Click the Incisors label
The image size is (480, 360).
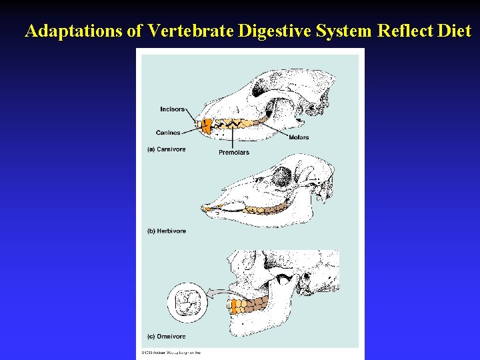click(172, 109)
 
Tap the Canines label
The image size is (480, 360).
click(168, 133)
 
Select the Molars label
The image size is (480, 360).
click(299, 137)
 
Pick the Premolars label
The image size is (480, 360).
click(234, 153)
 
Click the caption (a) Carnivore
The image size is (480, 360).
click(166, 149)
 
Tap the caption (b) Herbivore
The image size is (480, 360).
click(167, 231)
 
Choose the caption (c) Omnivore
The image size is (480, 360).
click(166, 337)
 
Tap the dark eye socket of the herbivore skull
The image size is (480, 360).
click(283, 177)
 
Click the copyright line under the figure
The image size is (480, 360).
click(171, 353)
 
